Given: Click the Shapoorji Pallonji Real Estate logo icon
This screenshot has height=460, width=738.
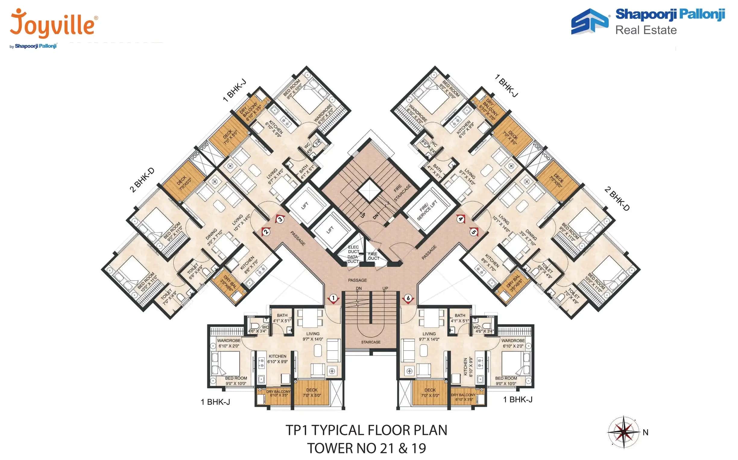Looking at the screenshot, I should point(589,21).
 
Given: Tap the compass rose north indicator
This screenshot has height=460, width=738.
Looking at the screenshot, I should point(623,432).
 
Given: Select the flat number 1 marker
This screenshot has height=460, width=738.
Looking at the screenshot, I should point(333,298).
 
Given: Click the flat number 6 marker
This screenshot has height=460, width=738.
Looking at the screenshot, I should point(408,298).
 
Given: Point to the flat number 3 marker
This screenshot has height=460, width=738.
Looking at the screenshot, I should point(280,219).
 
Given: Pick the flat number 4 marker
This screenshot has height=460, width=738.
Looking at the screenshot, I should point(461,219).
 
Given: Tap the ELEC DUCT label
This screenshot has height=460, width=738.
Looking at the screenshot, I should point(353,249).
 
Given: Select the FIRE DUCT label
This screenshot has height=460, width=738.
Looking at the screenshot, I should point(374,256).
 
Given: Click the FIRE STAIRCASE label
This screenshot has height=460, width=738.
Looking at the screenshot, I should point(402,192).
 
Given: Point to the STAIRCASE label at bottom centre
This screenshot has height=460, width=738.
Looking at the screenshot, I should point(371,342).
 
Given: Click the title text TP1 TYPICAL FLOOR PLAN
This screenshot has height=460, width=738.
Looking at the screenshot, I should point(366,430).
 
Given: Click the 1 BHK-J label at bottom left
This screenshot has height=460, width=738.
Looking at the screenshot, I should point(215,402).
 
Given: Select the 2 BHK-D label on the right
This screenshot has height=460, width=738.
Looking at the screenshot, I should point(617,199).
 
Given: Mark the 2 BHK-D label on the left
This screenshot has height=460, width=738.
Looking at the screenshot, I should point(142,180).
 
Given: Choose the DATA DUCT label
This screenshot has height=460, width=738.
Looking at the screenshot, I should point(353,259).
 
